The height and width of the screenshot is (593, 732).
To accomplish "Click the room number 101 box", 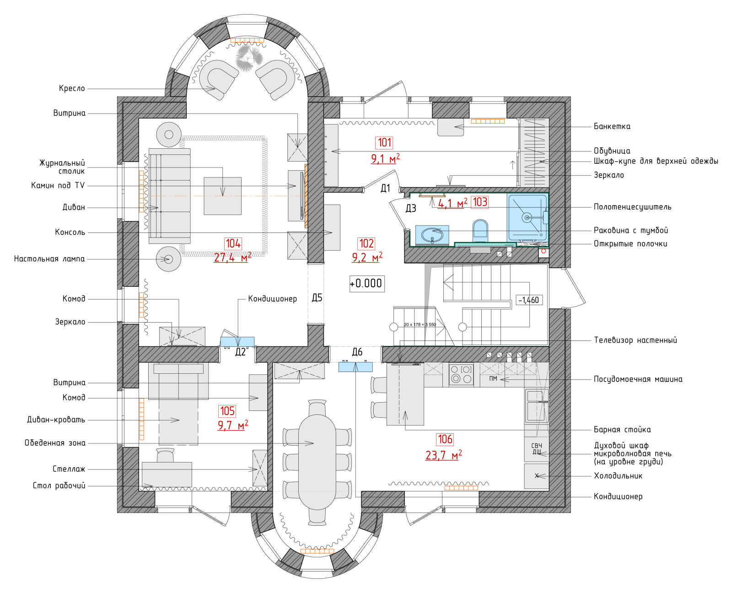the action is point(384,142).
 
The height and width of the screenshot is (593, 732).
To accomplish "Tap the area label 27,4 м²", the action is point(233,257).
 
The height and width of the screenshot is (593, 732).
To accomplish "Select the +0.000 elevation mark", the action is point(366,283).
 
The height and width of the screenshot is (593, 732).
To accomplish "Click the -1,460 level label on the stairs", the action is point(529,300).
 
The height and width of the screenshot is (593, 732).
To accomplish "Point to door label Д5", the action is point(317,297).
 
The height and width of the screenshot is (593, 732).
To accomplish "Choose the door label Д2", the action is point(240,352).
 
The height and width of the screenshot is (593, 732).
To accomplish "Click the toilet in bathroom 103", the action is point(480,229).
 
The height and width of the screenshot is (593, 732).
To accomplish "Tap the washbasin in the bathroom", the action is point(432,235).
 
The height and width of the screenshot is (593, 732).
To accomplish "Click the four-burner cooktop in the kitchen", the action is point(461,374).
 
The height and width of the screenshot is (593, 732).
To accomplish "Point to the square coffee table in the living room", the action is point(222,196).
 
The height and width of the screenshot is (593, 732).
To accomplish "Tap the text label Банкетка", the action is point(612,126).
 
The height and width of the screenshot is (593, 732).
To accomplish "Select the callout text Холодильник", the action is point(618,476).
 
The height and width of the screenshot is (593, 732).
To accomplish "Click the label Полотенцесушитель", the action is point(632,207).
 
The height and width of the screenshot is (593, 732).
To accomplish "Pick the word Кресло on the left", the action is point(72,88).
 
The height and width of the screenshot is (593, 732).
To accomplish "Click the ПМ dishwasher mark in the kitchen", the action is point(493,378).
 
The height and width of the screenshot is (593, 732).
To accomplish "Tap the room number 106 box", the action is point(445,439).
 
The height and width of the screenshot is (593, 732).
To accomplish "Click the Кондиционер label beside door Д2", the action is point(273,299).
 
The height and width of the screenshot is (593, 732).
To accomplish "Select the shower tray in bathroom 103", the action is point(527,217).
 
